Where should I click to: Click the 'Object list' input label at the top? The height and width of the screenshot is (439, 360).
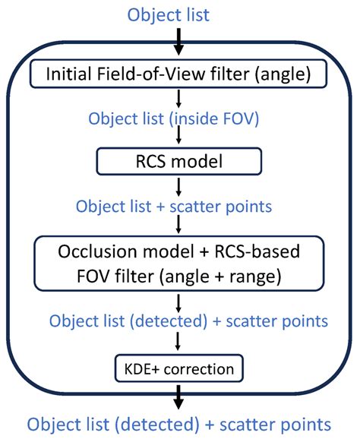[179, 14]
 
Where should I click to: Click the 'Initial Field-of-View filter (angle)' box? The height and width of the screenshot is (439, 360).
[179, 74]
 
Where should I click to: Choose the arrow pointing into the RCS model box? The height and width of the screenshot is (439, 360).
[179, 137]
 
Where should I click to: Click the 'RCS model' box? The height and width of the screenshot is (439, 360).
[179, 160]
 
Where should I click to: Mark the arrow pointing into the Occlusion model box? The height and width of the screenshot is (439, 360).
[179, 224]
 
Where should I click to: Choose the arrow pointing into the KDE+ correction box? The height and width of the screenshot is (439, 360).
[179, 343]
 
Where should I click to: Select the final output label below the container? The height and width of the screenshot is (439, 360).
[179, 422]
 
